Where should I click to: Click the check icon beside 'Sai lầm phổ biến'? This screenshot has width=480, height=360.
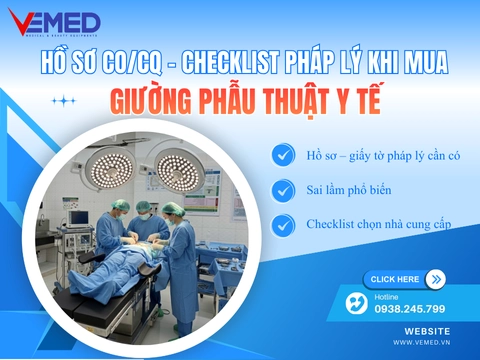[284, 189]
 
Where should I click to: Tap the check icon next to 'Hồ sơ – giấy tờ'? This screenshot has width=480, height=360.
[284, 155]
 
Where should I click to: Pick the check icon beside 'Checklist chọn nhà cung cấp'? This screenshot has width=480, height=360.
[284, 223]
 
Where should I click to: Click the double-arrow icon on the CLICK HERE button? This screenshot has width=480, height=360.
[434, 279]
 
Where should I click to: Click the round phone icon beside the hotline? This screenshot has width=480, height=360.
[357, 302]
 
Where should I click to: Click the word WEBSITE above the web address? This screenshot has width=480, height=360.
[427, 330]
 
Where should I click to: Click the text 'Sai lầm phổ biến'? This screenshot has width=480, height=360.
[348, 189]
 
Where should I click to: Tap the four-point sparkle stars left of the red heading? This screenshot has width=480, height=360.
[64, 100]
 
